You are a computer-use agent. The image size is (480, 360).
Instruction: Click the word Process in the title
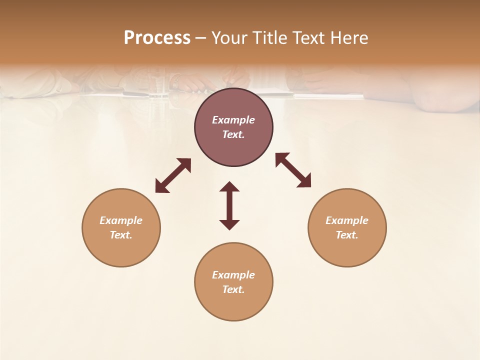(157, 38)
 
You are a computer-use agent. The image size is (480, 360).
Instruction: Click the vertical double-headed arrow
(229, 205)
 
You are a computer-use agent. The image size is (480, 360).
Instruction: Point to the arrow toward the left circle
(173, 175)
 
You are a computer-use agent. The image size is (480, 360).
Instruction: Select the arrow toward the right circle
(293, 170)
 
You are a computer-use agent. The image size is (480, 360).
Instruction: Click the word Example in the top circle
(233, 120)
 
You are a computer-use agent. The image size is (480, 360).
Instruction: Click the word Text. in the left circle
(121, 235)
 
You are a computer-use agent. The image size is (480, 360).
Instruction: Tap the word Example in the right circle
(347, 220)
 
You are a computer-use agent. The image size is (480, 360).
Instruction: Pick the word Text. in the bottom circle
(233, 289)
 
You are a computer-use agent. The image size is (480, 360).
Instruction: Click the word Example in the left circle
(121, 220)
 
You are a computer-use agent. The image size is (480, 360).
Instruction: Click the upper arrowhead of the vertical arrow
(229, 187)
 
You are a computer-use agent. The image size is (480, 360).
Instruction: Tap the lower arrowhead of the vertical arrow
(229, 224)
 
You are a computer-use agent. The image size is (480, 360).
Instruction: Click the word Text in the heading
(309, 38)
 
